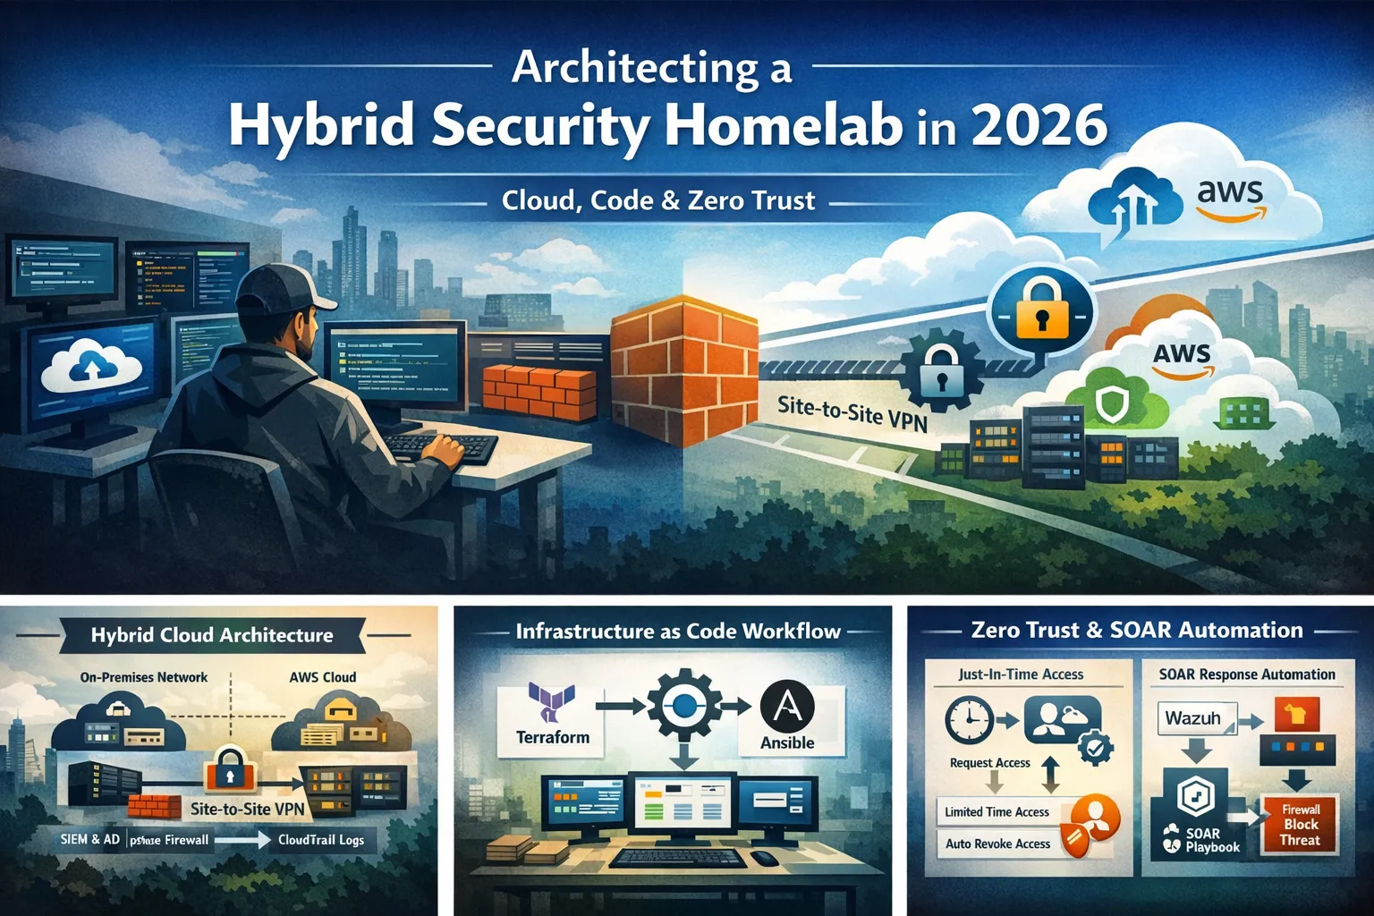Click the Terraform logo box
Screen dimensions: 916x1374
552,716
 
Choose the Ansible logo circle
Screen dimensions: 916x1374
787,706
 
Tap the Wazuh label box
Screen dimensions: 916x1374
1194,718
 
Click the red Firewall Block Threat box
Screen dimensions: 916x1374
1300,824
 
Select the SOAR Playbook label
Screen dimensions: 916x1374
1210,840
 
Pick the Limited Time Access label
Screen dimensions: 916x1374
997,811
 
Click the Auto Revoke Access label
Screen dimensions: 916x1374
997,844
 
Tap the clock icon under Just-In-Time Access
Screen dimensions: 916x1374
969,719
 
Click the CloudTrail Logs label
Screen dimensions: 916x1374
321,840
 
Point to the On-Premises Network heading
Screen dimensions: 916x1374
144,677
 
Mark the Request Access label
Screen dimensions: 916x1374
989,763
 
